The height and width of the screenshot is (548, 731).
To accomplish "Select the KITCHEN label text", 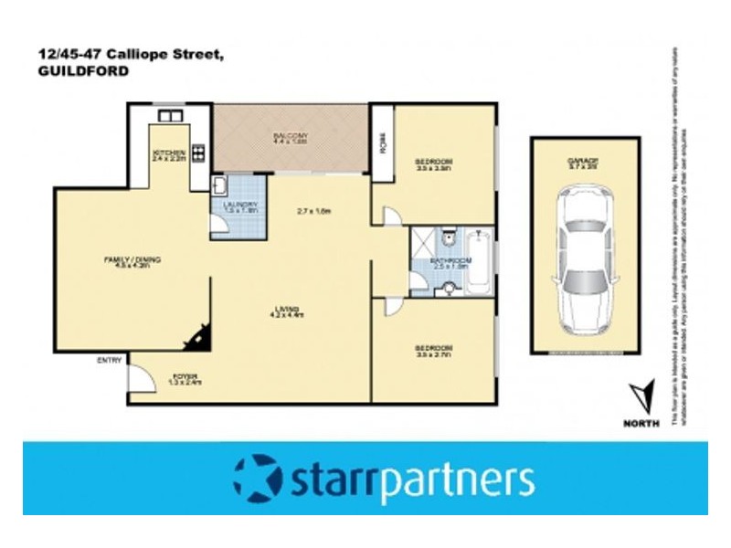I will pyautogui.click(x=169, y=153).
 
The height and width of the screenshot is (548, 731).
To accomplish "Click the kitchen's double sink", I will pyautogui.click(x=170, y=116).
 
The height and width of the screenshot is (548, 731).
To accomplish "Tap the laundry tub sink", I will pyautogui.click(x=220, y=187).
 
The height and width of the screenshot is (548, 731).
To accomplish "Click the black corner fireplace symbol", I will pyautogui.click(x=196, y=339).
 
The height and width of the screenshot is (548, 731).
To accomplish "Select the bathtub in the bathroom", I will pyautogui.click(x=479, y=261).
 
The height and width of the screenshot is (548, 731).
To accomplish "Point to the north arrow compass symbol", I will pyautogui.click(x=642, y=395).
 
